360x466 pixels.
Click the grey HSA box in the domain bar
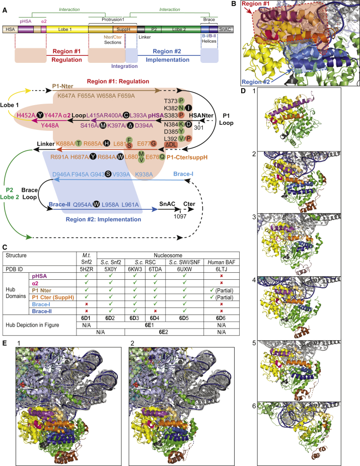(9, 30)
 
